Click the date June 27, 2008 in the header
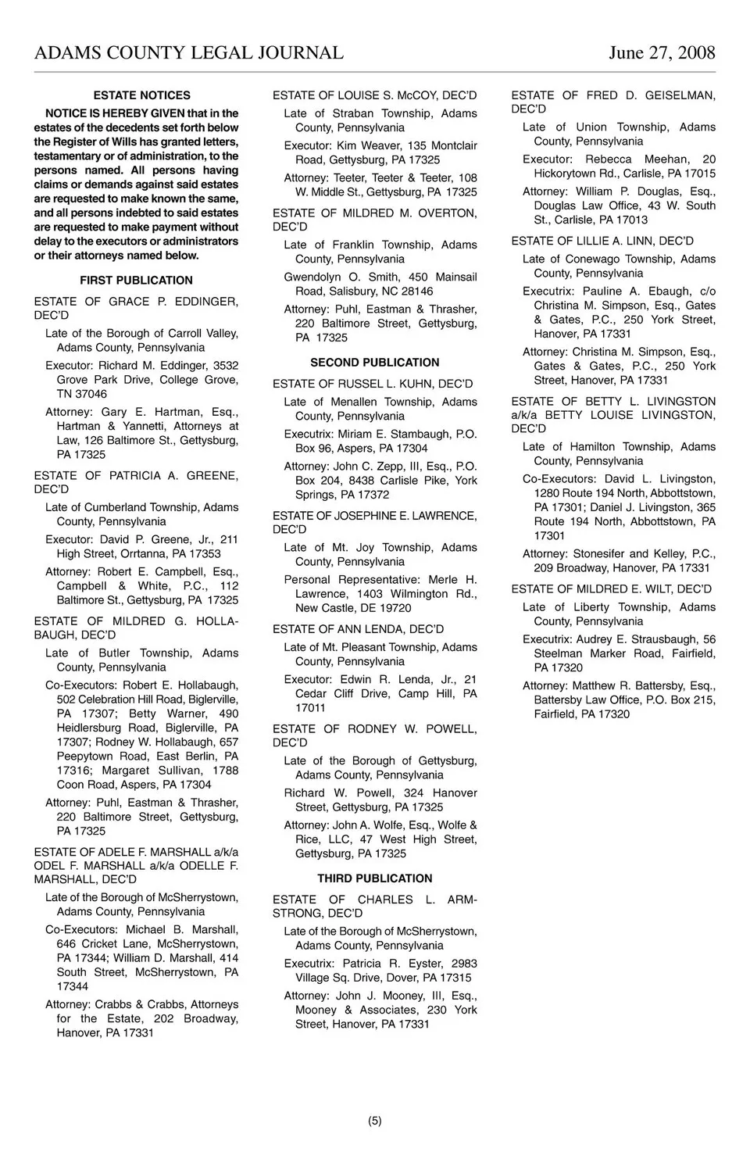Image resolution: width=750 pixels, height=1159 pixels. [662, 52]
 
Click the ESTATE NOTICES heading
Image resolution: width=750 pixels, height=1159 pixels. [141, 95]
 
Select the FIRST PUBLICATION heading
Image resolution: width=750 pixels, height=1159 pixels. [136, 281]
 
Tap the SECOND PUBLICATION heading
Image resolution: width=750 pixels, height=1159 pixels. [374, 363]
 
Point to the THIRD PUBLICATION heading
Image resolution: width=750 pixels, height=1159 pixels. [374, 878]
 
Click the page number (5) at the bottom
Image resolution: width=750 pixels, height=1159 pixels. [375, 1121]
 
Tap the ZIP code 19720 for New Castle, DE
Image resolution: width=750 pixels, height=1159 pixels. [395, 608]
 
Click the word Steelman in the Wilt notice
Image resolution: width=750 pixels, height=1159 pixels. [558, 653]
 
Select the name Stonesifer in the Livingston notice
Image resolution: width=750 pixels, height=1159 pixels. [599, 554]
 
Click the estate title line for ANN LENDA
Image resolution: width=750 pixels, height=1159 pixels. [358, 629]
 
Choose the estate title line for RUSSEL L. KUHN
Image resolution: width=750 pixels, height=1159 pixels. [373, 384]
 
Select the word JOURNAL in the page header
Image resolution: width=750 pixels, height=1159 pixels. [296, 52]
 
